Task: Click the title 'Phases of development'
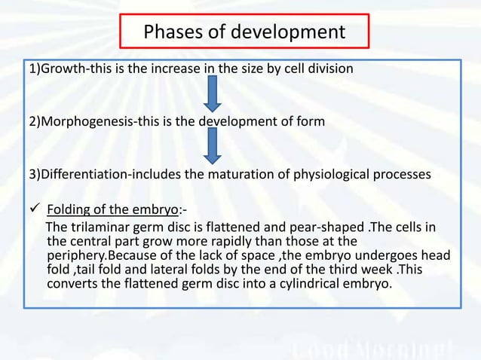click(244, 33)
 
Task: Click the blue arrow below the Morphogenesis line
click(213, 145)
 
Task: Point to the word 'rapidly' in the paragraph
click(223, 242)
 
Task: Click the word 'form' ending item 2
click(311, 121)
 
